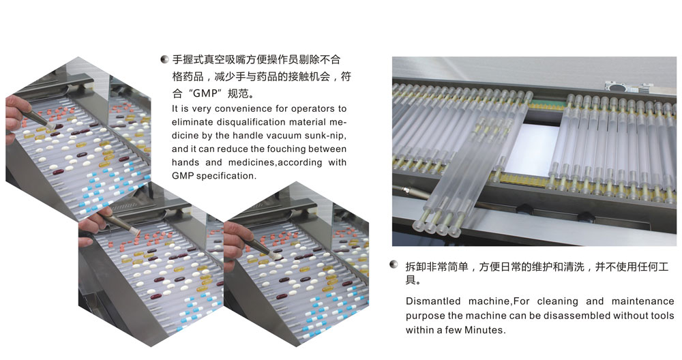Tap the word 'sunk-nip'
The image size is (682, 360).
point(325,136)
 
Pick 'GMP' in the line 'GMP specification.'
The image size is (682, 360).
point(183,176)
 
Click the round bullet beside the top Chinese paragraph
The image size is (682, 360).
point(164,59)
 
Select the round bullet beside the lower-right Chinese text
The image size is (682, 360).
point(394,265)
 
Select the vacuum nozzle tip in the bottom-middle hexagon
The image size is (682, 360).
point(136,231)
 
